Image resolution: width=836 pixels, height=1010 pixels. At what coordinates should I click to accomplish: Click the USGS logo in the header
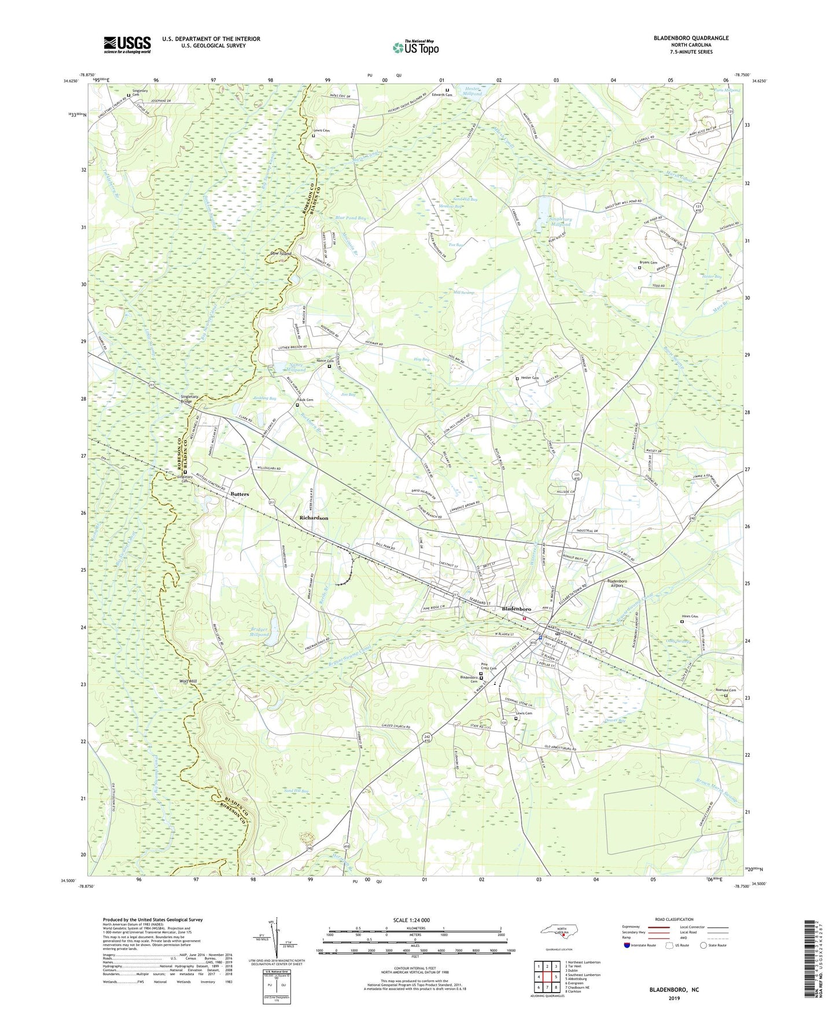click(127, 45)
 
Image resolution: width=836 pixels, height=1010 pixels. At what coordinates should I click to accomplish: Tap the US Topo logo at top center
click(415, 47)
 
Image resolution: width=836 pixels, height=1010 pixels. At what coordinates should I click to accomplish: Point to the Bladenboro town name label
click(516, 609)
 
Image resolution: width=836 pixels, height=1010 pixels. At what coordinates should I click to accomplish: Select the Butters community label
click(240, 494)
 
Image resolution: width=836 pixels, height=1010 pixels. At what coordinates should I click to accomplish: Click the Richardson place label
click(314, 518)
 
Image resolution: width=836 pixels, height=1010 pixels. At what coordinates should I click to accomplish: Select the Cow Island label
click(281, 254)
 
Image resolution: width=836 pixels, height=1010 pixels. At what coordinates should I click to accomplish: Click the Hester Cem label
click(529, 378)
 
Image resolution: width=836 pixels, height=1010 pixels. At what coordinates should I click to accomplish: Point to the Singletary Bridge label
click(190, 399)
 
